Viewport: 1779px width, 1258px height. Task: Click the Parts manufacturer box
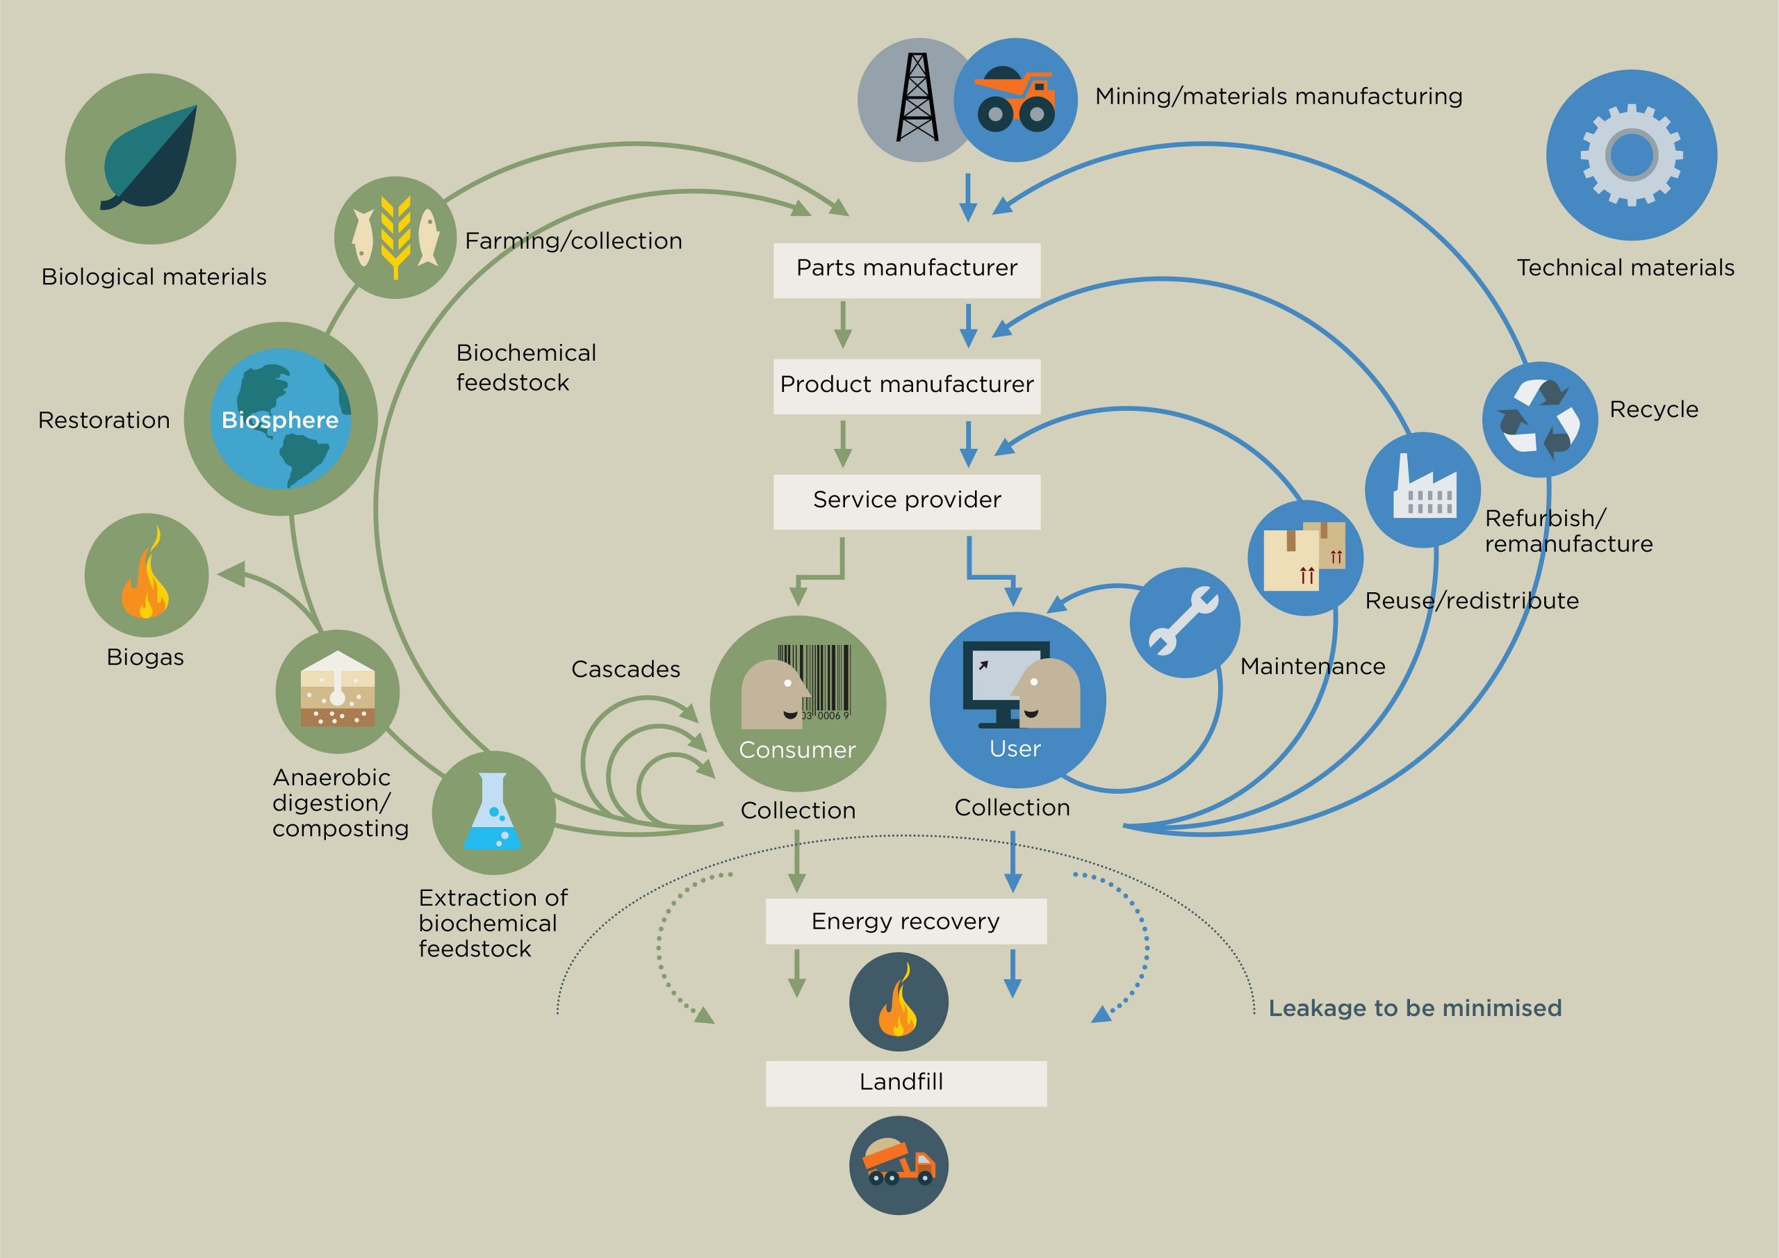907,270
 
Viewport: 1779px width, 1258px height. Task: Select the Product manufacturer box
907,386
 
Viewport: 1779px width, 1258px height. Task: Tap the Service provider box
907,502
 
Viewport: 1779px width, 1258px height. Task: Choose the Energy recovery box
905,922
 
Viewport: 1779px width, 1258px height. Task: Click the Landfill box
905,1084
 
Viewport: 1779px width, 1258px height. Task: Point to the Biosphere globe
281,418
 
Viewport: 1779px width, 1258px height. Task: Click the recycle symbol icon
1539,419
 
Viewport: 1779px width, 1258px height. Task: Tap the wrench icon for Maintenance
1183,621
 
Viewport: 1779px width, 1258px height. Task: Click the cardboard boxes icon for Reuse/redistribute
1305,556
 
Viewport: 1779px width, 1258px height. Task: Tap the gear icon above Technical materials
1631,155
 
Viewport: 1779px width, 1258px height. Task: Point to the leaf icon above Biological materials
150,158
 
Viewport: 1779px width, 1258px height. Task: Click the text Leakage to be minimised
1415,1008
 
